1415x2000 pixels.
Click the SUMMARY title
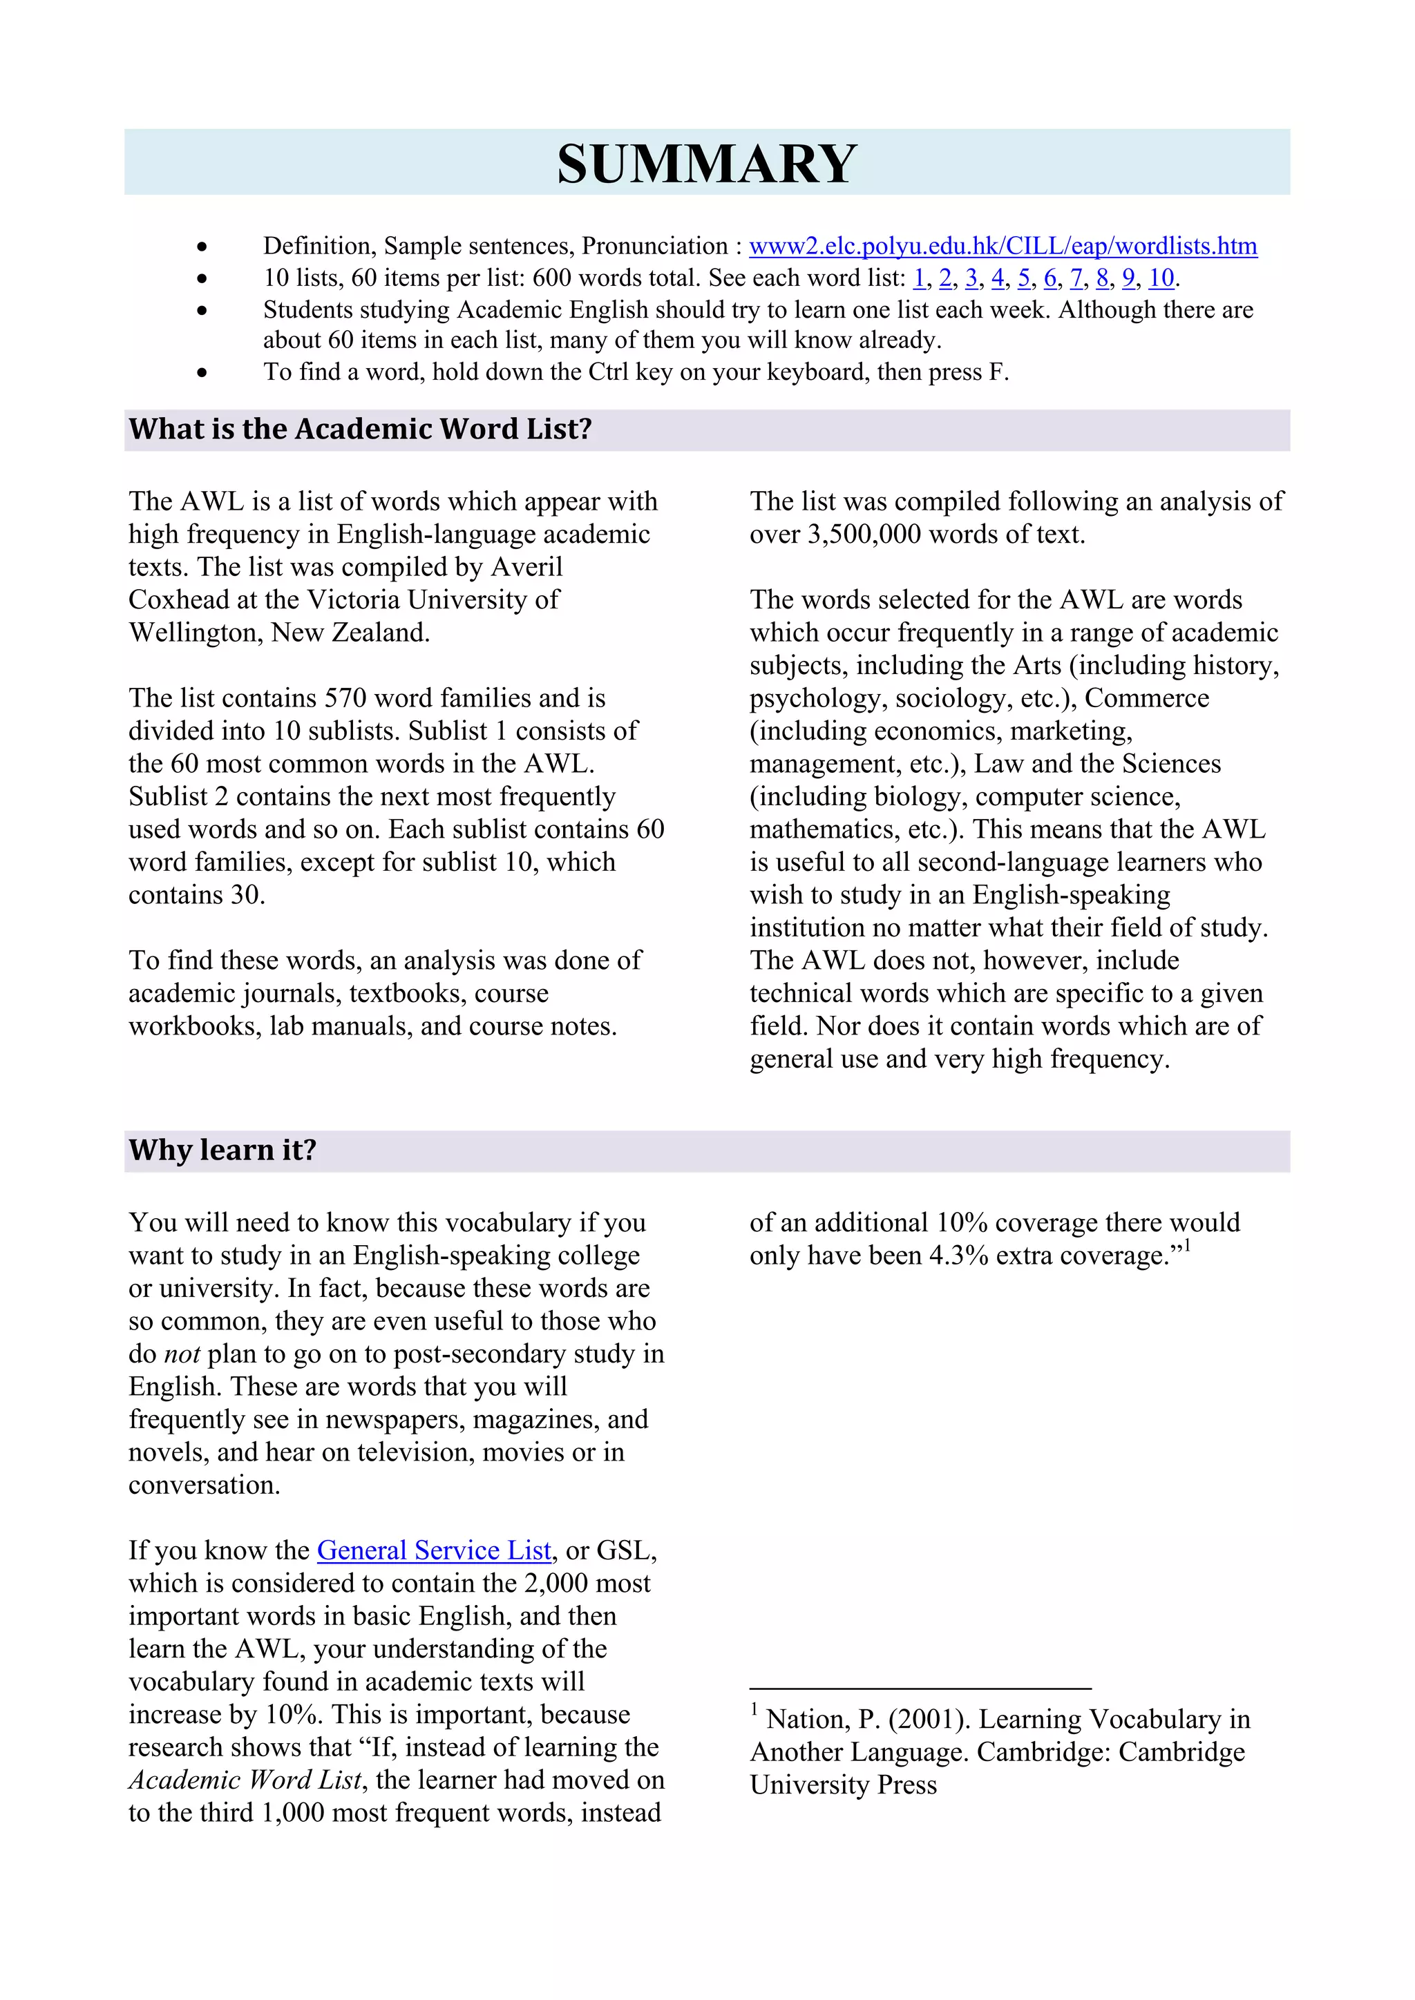pyautogui.click(x=707, y=164)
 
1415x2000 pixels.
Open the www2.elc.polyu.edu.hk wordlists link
pyautogui.click(x=1003, y=247)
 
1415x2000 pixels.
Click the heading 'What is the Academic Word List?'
pyautogui.click(x=361, y=430)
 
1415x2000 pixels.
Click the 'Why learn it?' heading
pyautogui.click(x=223, y=1151)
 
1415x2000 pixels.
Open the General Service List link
pyautogui.click(x=434, y=1550)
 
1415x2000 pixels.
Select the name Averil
pyautogui.click(x=527, y=567)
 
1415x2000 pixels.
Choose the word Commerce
pyautogui.click(x=1147, y=699)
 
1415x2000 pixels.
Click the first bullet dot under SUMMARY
pyautogui.click(x=202, y=247)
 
